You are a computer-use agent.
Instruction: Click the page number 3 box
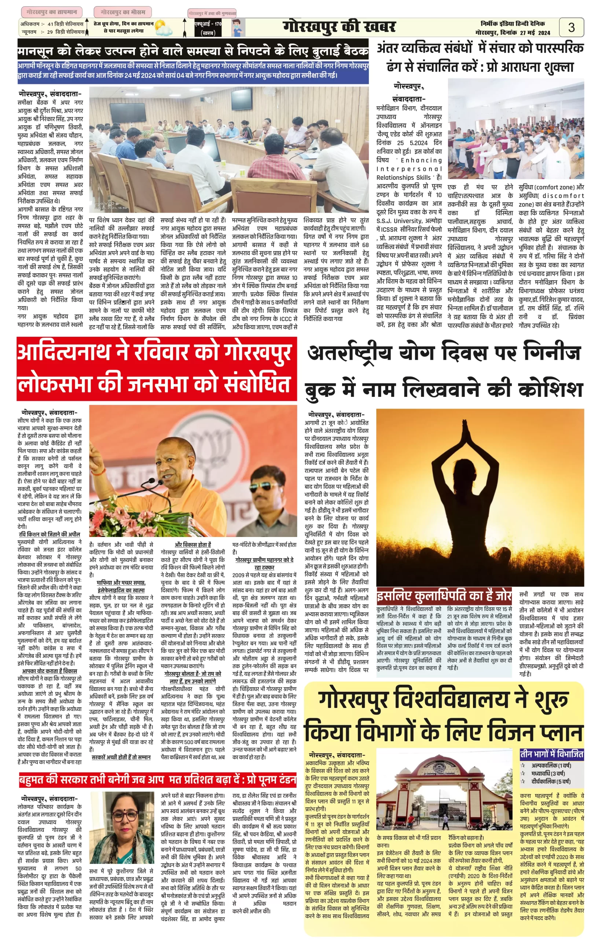[571, 28]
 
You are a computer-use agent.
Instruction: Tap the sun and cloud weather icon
[164, 29]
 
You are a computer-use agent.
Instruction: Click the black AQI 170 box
[208, 28]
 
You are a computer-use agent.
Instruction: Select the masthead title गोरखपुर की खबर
[339, 27]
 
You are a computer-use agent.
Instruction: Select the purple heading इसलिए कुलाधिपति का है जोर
[444, 596]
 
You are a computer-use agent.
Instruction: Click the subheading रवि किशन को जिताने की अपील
[49, 534]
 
